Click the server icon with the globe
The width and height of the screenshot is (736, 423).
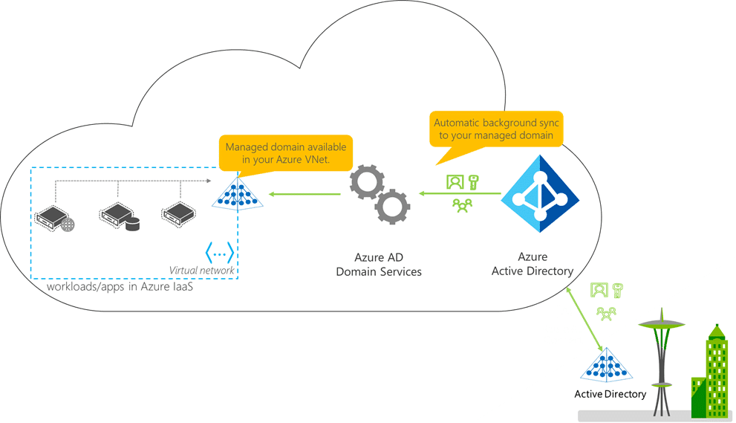pyautogui.click(x=55, y=216)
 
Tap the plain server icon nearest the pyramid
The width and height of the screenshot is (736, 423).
pyautogui.click(x=179, y=213)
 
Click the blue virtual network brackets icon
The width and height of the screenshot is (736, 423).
pyautogui.click(x=219, y=253)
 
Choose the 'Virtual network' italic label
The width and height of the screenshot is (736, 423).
pyautogui.click(x=201, y=271)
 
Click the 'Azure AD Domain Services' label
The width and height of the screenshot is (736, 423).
pyautogui.click(x=378, y=265)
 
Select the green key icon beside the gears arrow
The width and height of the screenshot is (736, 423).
pyautogui.click(x=472, y=181)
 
